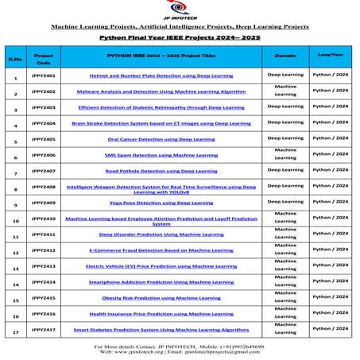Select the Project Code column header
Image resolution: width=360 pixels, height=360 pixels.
(x=44, y=59)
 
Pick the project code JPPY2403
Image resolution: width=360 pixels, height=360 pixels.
(x=44, y=106)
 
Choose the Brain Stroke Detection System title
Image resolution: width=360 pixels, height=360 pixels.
(x=161, y=122)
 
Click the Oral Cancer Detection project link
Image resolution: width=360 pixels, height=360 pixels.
(x=161, y=138)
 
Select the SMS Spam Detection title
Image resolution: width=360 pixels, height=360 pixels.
(x=161, y=154)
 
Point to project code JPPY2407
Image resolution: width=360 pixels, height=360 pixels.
(x=44, y=170)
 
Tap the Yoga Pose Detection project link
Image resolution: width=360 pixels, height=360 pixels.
(x=161, y=203)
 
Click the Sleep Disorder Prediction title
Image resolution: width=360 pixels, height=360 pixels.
(x=161, y=234)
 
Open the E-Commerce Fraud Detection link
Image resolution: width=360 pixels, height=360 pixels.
(x=161, y=250)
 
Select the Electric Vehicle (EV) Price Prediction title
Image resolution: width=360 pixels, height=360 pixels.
(x=161, y=266)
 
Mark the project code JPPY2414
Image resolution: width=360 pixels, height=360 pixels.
(x=44, y=281)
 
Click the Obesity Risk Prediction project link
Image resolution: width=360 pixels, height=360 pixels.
(x=161, y=298)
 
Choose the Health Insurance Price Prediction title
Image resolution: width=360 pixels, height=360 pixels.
(x=161, y=314)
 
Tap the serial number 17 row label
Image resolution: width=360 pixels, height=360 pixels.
(x=15, y=333)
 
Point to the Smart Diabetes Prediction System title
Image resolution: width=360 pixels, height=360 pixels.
(x=161, y=329)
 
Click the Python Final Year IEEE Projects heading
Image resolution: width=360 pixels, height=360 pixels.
(x=180, y=37)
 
